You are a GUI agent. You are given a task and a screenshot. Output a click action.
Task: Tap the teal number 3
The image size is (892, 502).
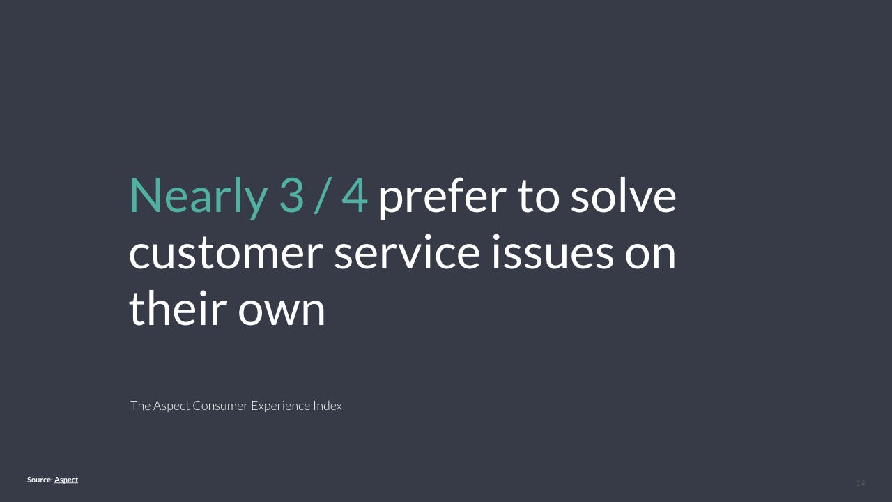(x=291, y=196)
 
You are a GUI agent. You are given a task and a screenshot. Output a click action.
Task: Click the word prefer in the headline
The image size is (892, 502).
(x=442, y=197)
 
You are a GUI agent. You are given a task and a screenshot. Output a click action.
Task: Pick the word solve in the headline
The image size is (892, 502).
(x=624, y=195)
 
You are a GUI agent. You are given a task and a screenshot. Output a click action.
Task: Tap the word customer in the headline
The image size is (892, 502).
(x=226, y=252)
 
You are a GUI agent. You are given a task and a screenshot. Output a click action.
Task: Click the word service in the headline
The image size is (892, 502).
(x=407, y=251)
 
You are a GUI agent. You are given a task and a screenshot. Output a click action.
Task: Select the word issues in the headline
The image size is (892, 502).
(x=553, y=251)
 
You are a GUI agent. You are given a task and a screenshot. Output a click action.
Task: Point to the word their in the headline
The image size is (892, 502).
(x=178, y=307)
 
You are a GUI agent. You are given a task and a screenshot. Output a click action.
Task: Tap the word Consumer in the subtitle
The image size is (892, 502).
(x=220, y=406)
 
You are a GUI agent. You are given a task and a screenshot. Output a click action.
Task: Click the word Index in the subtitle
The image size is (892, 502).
(x=328, y=406)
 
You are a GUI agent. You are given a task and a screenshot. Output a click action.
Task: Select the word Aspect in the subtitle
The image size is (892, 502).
(x=171, y=406)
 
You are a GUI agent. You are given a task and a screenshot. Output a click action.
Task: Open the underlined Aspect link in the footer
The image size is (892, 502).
(x=66, y=480)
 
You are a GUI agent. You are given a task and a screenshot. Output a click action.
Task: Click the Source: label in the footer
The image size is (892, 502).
(x=40, y=480)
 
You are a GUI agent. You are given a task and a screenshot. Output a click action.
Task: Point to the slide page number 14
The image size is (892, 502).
(x=861, y=483)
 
